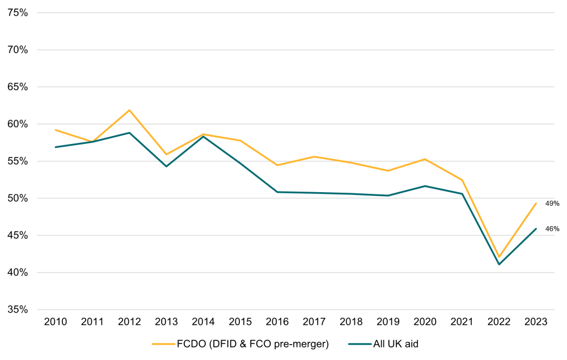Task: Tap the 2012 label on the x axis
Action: click(x=129, y=321)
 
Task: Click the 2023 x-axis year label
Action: click(x=536, y=321)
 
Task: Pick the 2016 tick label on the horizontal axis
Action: click(x=277, y=321)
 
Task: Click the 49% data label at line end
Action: click(x=552, y=204)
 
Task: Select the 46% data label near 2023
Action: click(x=552, y=229)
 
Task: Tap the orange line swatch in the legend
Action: click(x=163, y=344)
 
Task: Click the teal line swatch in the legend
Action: click(x=361, y=344)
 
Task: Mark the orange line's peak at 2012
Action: click(x=129, y=110)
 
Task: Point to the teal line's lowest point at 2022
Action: click(x=499, y=264)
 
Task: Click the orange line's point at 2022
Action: click(x=499, y=257)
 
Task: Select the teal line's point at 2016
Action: click(x=277, y=192)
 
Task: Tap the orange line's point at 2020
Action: click(x=425, y=159)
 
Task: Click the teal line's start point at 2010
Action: click(x=56, y=147)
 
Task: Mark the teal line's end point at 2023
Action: click(x=536, y=229)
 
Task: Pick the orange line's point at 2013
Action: click(x=166, y=154)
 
